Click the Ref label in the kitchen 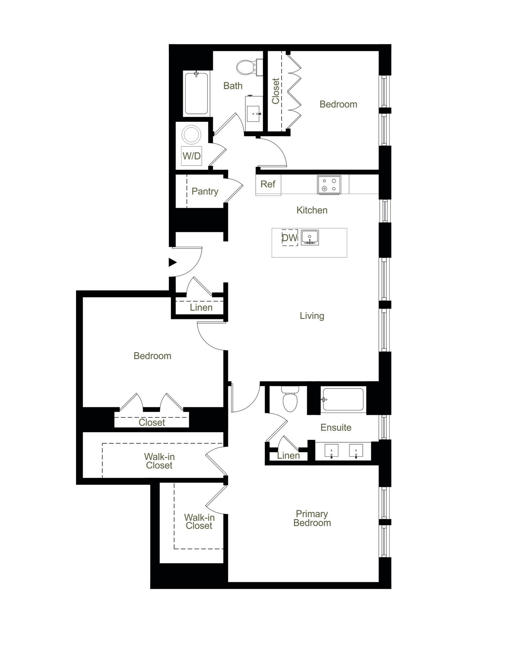tap(268, 184)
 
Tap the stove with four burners tap(329, 185)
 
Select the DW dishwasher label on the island tap(289, 238)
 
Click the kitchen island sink tap(309, 238)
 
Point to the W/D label tap(192, 156)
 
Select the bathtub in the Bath tap(196, 94)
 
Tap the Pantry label tap(205, 191)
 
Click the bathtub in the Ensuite tap(343, 399)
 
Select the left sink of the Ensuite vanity tap(331, 451)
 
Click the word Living tap(312, 316)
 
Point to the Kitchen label tap(312, 210)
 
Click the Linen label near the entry tap(201, 308)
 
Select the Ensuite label tap(336, 427)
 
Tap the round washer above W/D tap(191, 135)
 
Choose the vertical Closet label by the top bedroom tap(276, 91)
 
